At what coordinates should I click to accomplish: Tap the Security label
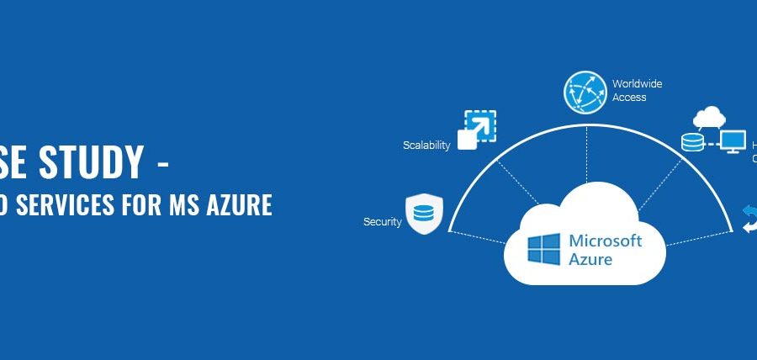[382, 222]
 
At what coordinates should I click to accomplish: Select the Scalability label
[426, 145]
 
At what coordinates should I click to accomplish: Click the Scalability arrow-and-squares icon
[475, 129]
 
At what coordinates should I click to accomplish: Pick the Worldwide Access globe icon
[584, 92]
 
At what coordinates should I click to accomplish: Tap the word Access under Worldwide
[629, 98]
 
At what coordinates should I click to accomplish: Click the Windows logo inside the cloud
[544, 250]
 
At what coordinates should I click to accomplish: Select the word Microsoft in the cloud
[606, 241]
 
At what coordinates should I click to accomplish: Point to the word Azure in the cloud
[590, 259]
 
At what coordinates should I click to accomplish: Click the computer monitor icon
[733, 140]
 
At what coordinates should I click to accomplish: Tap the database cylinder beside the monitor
[692, 142]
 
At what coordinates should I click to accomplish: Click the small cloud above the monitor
[709, 116]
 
